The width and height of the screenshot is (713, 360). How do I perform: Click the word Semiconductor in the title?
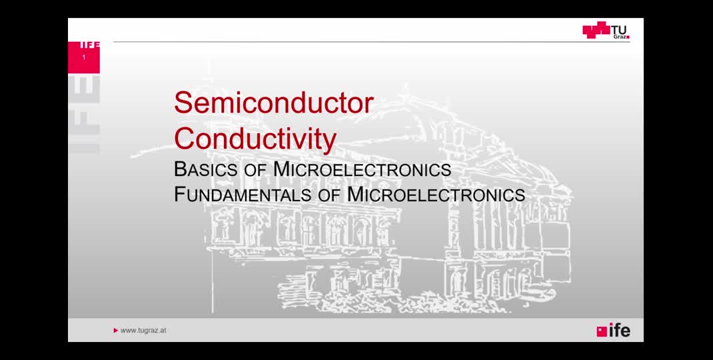pos(274,103)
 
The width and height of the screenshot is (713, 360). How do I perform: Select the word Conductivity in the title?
pos(255,139)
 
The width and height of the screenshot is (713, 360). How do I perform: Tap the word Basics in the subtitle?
pos(205,169)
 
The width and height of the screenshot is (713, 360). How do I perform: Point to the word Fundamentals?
pos(243,195)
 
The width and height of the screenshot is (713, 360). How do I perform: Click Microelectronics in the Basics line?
pos(362,169)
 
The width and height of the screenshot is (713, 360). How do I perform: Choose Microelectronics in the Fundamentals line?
pos(436,195)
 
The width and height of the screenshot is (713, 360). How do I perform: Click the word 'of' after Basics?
pos(255,170)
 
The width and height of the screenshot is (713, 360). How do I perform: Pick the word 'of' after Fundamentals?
pos(329,195)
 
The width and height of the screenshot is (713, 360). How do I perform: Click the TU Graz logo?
pos(606,30)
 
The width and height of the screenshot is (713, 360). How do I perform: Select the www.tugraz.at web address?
pos(143,330)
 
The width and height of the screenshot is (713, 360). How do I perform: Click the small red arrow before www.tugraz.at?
pos(116,331)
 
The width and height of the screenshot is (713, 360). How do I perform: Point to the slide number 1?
pos(84,57)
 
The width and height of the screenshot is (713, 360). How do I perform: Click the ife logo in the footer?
pos(614,330)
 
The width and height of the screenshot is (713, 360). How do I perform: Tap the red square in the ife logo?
pos(602,332)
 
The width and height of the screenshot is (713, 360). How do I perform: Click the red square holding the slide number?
pos(84,57)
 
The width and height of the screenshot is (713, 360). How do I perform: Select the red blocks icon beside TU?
pos(596,30)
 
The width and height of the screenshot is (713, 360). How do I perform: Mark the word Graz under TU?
pos(620,37)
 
